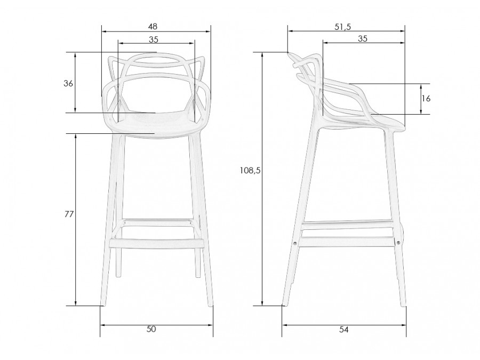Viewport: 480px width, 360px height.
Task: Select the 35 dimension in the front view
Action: [154, 39]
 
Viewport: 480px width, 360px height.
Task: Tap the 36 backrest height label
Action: [68, 83]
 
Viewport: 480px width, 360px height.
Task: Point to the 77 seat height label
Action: [68, 214]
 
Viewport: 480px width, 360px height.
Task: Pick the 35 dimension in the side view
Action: [362, 38]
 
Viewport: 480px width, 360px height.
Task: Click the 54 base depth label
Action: [343, 330]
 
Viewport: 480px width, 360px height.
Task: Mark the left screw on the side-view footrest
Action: [295, 243]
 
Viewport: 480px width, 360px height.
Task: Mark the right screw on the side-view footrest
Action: [398, 243]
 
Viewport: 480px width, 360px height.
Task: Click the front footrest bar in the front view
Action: [157, 243]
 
